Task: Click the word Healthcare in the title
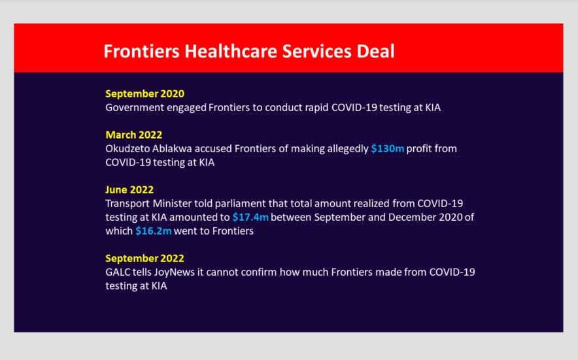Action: pyautogui.click(x=231, y=51)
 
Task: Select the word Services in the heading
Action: pyautogui.click(x=316, y=51)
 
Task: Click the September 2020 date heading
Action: pyautogui.click(x=145, y=94)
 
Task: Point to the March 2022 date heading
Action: pyautogui.click(x=134, y=135)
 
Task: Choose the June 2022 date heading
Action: pyautogui.click(x=129, y=189)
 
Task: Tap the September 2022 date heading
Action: pyautogui.click(x=145, y=258)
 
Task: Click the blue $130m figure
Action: pyautogui.click(x=388, y=148)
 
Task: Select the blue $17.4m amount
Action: pyautogui.click(x=250, y=217)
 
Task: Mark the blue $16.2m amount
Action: pyautogui.click(x=154, y=231)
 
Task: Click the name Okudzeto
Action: pyautogui.click(x=127, y=148)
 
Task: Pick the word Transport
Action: pyautogui.click(x=127, y=203)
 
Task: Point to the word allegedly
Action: pyautogui.click(x=348, y=149)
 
